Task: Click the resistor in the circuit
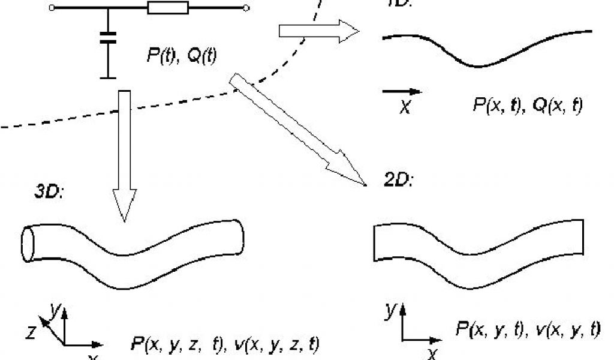(x=168, y=8)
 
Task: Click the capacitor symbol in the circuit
(x=109, y=40)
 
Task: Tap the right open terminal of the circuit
(x=246, y=8)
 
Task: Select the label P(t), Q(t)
(x=182, y=55)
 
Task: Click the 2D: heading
(x=396, y=179)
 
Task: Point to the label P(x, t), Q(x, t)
(x=527, y=106)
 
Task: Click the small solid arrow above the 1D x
(x=402, y=92)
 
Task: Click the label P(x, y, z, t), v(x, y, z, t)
(x=225, y=345)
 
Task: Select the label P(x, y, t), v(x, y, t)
(x=528, y=328)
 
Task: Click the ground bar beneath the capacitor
(x=109, y=77)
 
